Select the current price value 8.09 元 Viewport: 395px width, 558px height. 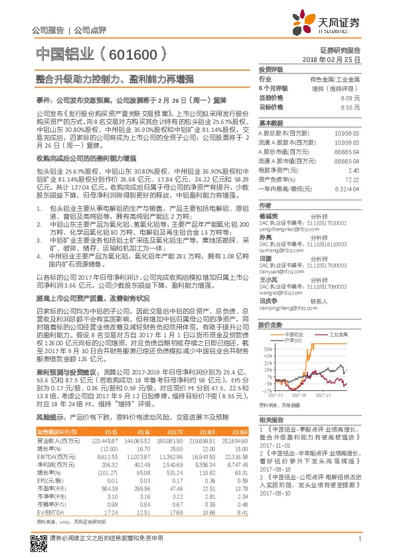click(x=350, y=98)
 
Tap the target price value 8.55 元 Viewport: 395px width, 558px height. click(x=350, y=107)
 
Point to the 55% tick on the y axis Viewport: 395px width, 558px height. click(x=267, y=348)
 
